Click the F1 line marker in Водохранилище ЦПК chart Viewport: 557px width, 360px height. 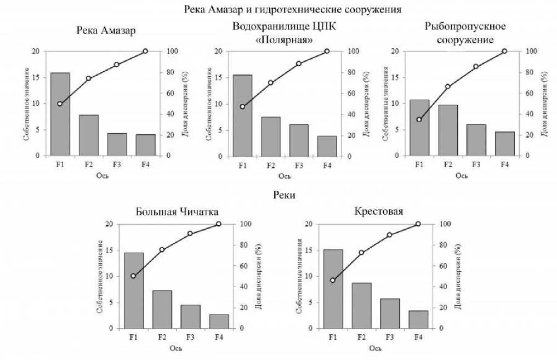point(242,106)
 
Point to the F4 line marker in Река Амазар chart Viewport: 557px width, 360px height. point(145,51)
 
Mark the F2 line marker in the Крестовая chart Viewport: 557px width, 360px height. point(361,253)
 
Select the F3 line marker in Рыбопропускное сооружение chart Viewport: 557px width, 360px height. point(476,66)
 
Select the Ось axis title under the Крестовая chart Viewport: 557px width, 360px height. point(375,348)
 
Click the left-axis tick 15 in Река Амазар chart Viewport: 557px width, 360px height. point(37,77)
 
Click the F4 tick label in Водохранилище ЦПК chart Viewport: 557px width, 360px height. point(327,165)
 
